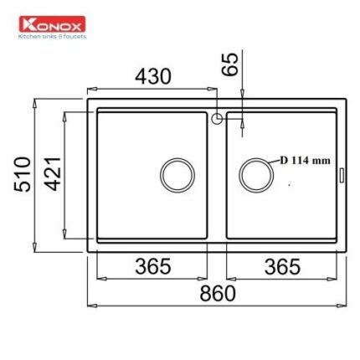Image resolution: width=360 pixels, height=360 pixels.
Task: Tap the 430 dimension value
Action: click(153, 76)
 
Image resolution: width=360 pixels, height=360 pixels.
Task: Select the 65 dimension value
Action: click(230, 64)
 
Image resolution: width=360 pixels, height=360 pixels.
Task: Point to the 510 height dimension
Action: click(23, 173)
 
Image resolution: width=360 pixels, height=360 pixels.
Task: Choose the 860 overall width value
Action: click(217, 294)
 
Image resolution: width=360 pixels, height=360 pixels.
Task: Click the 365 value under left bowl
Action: click(153, 266)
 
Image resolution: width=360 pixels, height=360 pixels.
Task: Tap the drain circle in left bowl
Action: click(177, 174)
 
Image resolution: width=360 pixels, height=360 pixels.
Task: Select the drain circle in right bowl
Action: click(255, 174)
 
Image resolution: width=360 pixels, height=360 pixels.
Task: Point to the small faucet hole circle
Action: click(217, 119)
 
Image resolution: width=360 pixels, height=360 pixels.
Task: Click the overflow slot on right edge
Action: click(341, 174)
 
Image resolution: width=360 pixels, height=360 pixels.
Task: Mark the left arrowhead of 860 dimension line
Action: click(90, 306)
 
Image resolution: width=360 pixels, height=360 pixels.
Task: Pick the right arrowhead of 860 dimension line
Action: click(342, 306)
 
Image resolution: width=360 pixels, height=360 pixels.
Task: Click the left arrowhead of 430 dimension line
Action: click(90, 87)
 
